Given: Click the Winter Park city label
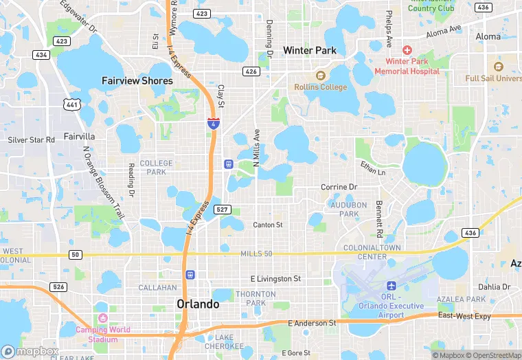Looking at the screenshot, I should click(309, 50).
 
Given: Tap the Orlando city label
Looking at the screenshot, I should click(198, 304).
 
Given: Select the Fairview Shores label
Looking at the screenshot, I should click(137, 80).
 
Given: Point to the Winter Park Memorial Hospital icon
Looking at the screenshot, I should click(407, 50).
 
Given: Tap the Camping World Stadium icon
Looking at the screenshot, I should click(103, 317).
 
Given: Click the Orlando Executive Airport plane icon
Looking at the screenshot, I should click(392, 285).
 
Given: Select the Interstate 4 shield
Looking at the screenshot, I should click(214, 124).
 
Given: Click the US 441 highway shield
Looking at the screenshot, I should click(71, 104).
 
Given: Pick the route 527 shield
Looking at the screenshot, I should click(221, 209).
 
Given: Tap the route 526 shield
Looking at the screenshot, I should click(59, 286).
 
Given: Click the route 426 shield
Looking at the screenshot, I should click(250, 71).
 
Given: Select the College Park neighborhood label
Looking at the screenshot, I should click(157, 167).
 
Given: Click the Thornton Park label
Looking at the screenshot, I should click(255, 298).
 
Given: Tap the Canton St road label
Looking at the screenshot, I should click(268, 225).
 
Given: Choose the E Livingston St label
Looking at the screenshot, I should click(275, 279).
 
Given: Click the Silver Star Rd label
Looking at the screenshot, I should click(31, 139).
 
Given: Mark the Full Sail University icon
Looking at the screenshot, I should click(498, 67).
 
